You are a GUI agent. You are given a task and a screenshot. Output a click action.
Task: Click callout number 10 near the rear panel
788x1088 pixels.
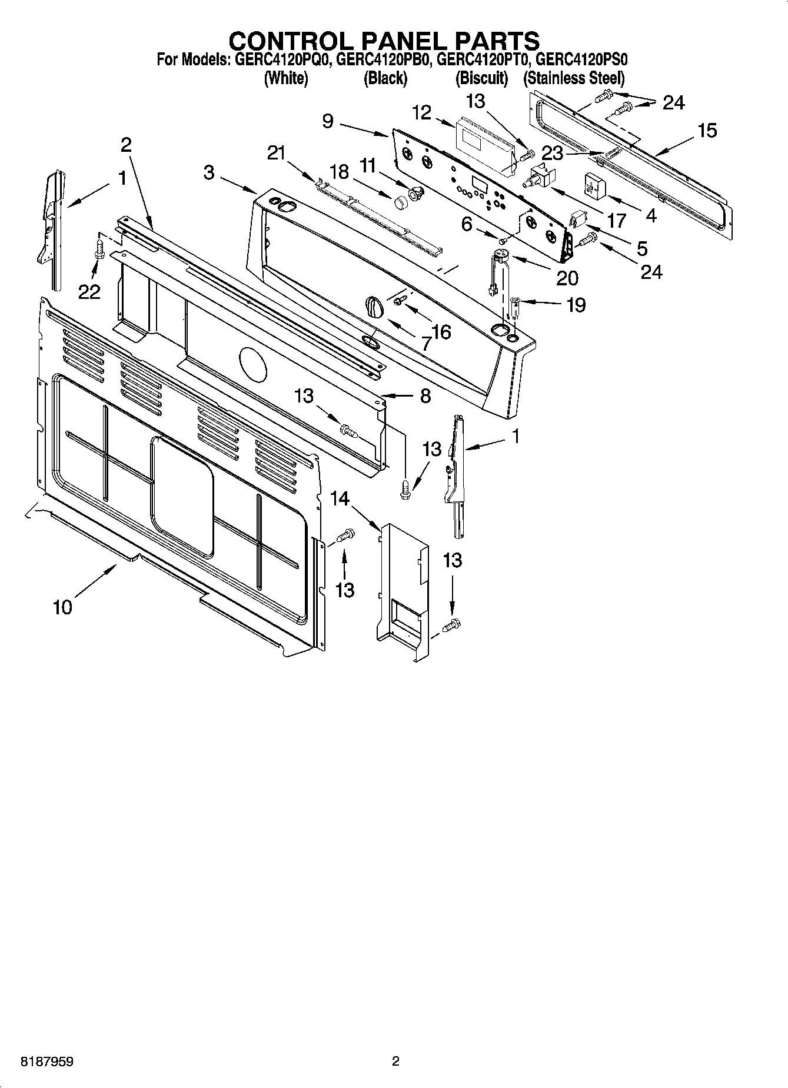click(x=62, y=607)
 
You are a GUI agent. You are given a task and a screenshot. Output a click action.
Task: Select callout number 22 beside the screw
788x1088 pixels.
click(x=90, y=291)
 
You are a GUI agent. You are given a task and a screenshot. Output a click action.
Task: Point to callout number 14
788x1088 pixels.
click(x=340, y=499)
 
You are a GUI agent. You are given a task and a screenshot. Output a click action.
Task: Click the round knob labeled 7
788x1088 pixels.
click(x=373, y=306)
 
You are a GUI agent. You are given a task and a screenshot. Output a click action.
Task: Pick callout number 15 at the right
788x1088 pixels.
click(x=707, y=131)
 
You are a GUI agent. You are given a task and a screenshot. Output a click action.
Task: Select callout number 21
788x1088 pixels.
click(x=276, y=154)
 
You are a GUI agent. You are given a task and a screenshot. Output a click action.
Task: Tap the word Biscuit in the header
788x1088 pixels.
click(x=481, y=78)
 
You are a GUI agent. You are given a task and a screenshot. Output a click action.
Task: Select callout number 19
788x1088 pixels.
click(x=576, y=305)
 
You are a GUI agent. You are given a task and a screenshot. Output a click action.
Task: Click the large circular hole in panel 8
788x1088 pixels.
click(x=252, y=364)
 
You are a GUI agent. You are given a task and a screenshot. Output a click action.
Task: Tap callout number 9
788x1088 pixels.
click(x=328, y=121)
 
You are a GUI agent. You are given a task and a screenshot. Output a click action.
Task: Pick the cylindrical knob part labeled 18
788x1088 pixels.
click(x=401, y=202)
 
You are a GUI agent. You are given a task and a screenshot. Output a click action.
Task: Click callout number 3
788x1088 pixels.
click(x=209, y=173)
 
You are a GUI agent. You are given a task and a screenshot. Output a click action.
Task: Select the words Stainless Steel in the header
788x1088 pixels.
click(x=574, y=78)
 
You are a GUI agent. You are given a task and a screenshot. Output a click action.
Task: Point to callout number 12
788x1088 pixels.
click(x=422, y=112)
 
